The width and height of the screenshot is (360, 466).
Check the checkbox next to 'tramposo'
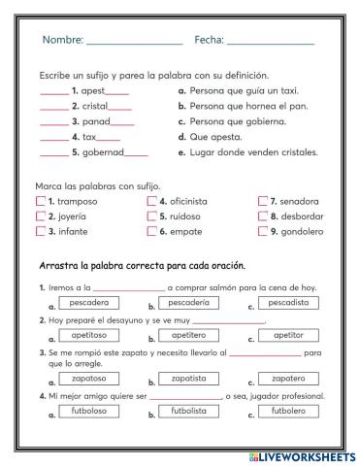click(x=40, y=201)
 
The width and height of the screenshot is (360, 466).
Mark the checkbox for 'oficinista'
click(x=152, y=201)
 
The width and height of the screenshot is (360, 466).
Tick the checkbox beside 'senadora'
click(x=263, y=201)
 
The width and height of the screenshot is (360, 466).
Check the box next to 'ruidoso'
click(x=152, y=216)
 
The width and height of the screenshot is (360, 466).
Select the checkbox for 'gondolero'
click(x=263, y=232)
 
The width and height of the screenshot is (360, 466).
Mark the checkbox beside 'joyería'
click(x=40, y=216)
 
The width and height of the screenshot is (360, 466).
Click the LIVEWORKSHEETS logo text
click(x=302, y=455)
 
